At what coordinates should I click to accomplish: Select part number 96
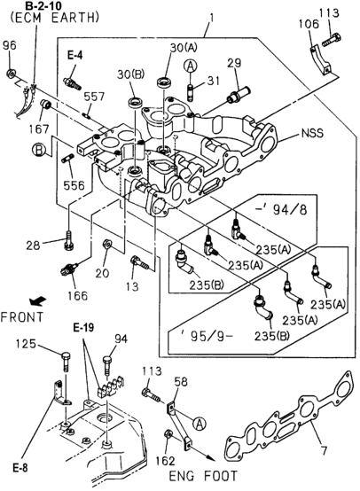[9, 45]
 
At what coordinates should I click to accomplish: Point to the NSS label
[311, 135]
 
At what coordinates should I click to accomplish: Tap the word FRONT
[20, 316]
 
